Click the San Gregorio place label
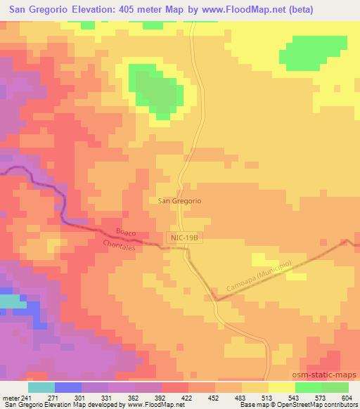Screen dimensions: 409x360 (181, 200)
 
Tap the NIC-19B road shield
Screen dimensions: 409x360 (186, 240)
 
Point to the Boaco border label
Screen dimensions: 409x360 (124, 233)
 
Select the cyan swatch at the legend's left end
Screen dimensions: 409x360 (41, 387)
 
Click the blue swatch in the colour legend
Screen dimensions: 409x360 (68, 387)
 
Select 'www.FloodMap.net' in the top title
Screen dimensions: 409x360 (240, 9)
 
